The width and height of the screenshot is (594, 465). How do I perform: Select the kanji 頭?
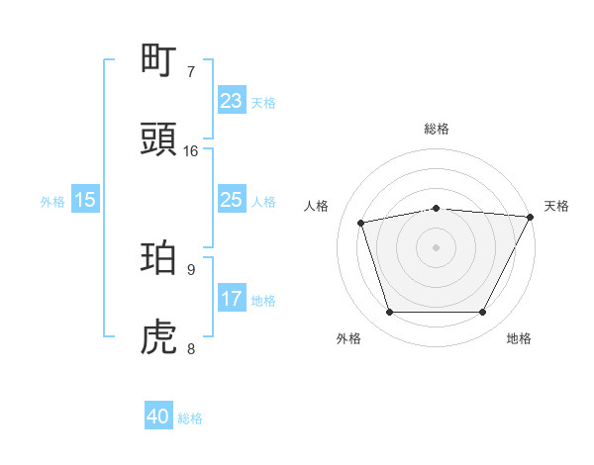pos(159,139)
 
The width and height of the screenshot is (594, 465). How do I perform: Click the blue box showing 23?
pos(231,101)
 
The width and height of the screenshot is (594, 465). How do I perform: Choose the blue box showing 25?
pos(231,200)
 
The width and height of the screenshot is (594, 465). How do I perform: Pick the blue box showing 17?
pos(231,299)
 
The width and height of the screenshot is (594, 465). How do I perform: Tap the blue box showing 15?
pos(85,200)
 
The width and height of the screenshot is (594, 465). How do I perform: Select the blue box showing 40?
pos(158,417)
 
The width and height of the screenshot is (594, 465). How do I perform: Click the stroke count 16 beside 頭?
pos(191,151)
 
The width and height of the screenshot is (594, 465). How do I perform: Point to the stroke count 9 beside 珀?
pos(191,269)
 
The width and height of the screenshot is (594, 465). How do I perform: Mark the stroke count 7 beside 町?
pos(191,71)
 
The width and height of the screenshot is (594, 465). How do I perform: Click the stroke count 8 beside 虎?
pos(191,348)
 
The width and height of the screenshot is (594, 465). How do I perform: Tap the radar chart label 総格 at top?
pos(437,129)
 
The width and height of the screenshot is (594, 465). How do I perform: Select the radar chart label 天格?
pos(556,206)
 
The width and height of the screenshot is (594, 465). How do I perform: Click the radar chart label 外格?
pos(348,338)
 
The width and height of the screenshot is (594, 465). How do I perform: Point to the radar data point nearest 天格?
pos(531,217)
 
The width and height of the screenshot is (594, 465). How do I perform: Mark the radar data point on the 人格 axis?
pos(361,222)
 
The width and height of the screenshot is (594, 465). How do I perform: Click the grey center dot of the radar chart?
pos(437,246)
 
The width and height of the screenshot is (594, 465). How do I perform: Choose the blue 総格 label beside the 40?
pos(190,418)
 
